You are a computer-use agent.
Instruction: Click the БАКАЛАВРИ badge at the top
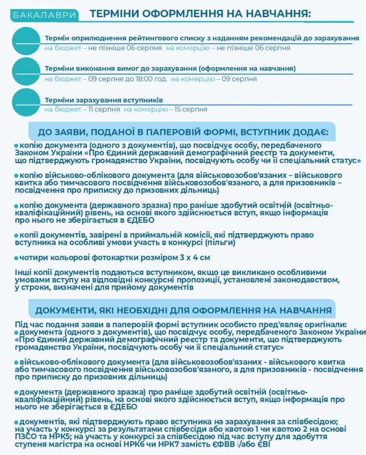point(39,14)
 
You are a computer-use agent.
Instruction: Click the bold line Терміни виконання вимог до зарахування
point(170,68)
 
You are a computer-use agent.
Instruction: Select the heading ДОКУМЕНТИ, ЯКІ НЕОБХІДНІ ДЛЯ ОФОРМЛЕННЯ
point(183,310)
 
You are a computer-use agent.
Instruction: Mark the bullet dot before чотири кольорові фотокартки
point(16,258)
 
